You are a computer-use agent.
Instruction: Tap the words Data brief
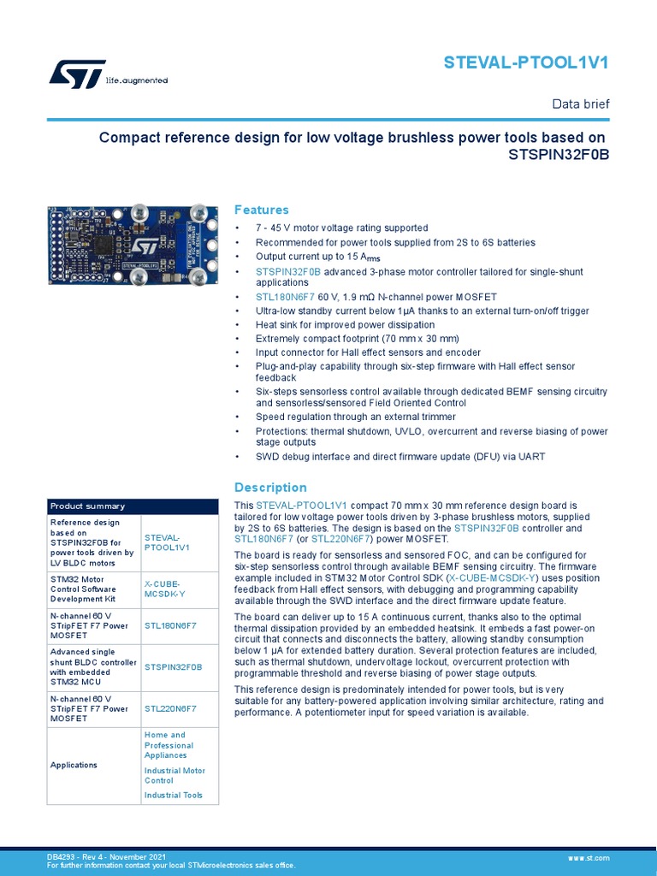click(581, 104)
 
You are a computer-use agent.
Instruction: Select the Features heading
click(262, 210)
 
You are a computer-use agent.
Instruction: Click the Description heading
click(269, 487)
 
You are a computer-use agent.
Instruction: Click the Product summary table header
click(87, 506)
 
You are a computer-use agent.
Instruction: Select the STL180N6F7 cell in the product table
click(170, 625)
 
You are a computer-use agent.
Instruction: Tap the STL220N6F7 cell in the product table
click(170, 708)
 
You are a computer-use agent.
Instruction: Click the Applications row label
click(74, 765)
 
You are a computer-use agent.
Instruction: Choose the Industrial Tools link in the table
click(174, 795)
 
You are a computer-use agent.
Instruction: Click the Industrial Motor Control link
click(174, 775)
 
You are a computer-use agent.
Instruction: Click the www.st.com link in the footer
click(589, 856)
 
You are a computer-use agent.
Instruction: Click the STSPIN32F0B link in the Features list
click(288, 271)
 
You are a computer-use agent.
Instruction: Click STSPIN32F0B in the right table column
click(173, 666)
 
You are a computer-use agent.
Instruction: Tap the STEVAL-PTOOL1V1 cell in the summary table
click(167, 542)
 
